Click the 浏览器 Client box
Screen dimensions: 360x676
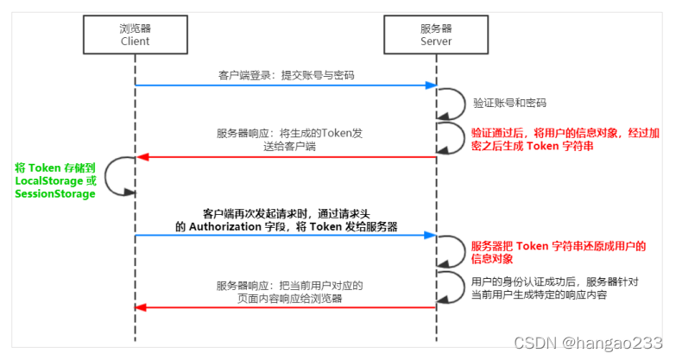[x=135, y=34]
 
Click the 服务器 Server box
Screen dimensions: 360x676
[x=436, y=34]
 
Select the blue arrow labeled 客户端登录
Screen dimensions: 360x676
[x=285, y=85]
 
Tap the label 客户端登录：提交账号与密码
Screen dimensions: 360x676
[x=286, y=75]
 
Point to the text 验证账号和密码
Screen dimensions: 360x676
[x=509, y=103]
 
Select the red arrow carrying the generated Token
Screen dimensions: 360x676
[x=285, y=157]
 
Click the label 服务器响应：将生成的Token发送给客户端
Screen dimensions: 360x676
[x=285, y=140]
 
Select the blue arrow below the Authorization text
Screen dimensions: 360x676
[x=285, y=234]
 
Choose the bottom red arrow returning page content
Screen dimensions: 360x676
[x=285, y=307]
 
